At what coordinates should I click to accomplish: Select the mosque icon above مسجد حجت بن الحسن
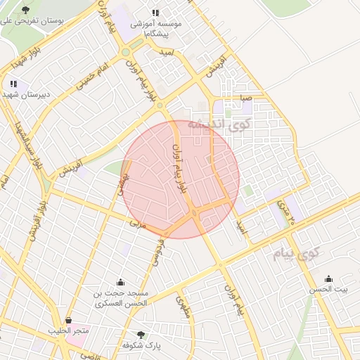120,281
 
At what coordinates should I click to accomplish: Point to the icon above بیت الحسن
330,278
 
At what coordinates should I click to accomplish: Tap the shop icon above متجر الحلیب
68,320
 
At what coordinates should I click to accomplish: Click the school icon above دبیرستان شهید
13,84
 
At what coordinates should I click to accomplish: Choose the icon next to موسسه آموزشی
155,13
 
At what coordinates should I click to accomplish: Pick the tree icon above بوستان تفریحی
26,10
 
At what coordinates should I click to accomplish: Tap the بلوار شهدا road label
25,60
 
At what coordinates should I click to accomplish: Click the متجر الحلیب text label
68,330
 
